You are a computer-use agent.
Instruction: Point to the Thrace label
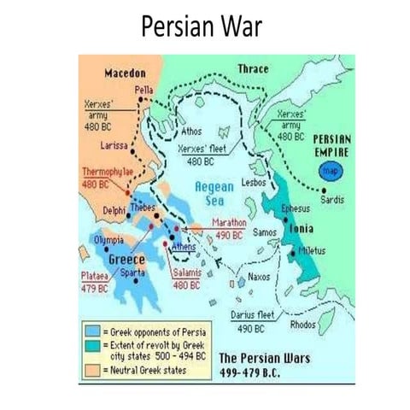250,69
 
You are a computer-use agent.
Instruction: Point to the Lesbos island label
255,183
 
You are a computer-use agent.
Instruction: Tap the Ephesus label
295,208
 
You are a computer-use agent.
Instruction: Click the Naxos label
258,277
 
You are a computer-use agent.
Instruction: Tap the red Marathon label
228,223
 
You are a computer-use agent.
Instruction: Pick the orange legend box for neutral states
92,369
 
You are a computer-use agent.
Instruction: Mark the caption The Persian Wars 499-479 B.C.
265,365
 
